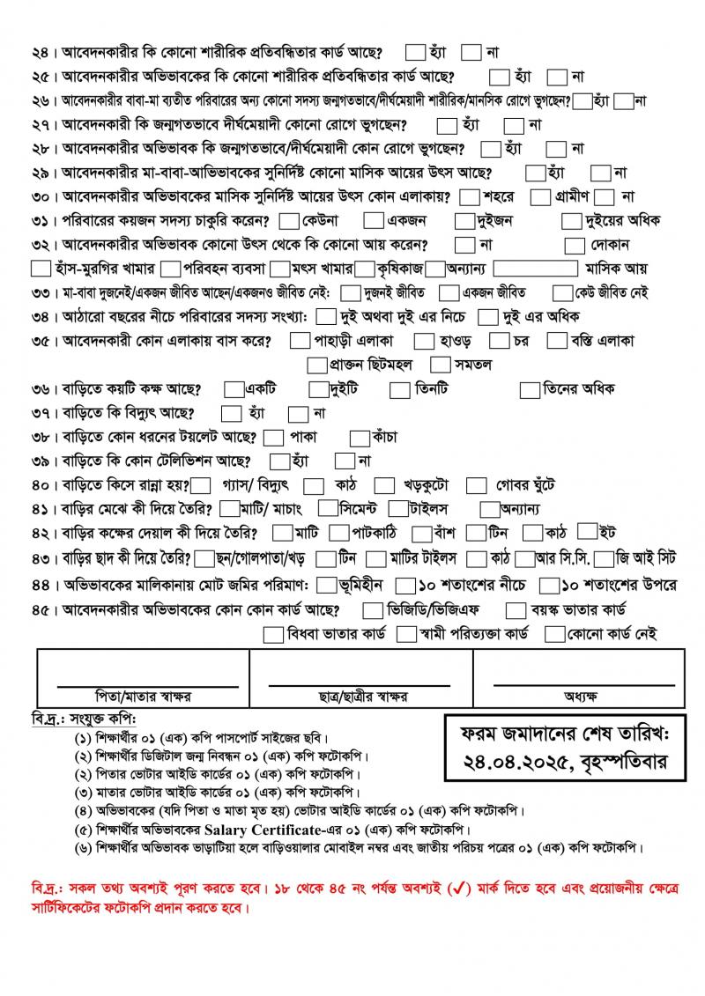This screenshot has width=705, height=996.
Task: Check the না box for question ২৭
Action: coord(514,125)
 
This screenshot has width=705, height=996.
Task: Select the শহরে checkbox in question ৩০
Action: coord(470,196)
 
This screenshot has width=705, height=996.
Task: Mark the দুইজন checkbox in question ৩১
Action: coord(465,220)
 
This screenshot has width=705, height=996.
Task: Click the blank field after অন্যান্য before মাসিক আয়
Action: coord(535,268)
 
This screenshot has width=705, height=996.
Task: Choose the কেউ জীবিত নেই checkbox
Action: coord(562,292)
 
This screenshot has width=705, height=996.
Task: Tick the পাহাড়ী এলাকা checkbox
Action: coord(300,340)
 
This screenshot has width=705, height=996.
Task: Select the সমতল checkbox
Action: coord(440,364)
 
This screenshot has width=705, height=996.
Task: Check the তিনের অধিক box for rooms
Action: coord(530,388)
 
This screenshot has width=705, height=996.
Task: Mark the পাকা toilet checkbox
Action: coord(274,437)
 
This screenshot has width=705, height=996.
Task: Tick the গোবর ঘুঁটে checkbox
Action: coord(476,484)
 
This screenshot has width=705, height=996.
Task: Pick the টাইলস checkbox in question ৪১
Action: coord(397,508)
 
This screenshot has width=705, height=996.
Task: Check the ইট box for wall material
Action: coord(587,531)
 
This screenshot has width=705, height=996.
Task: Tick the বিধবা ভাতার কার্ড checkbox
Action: coord(274,634)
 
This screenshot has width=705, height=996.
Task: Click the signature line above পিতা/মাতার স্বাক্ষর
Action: coord(147,684)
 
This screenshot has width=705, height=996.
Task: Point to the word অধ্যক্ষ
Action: coord(582,696)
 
